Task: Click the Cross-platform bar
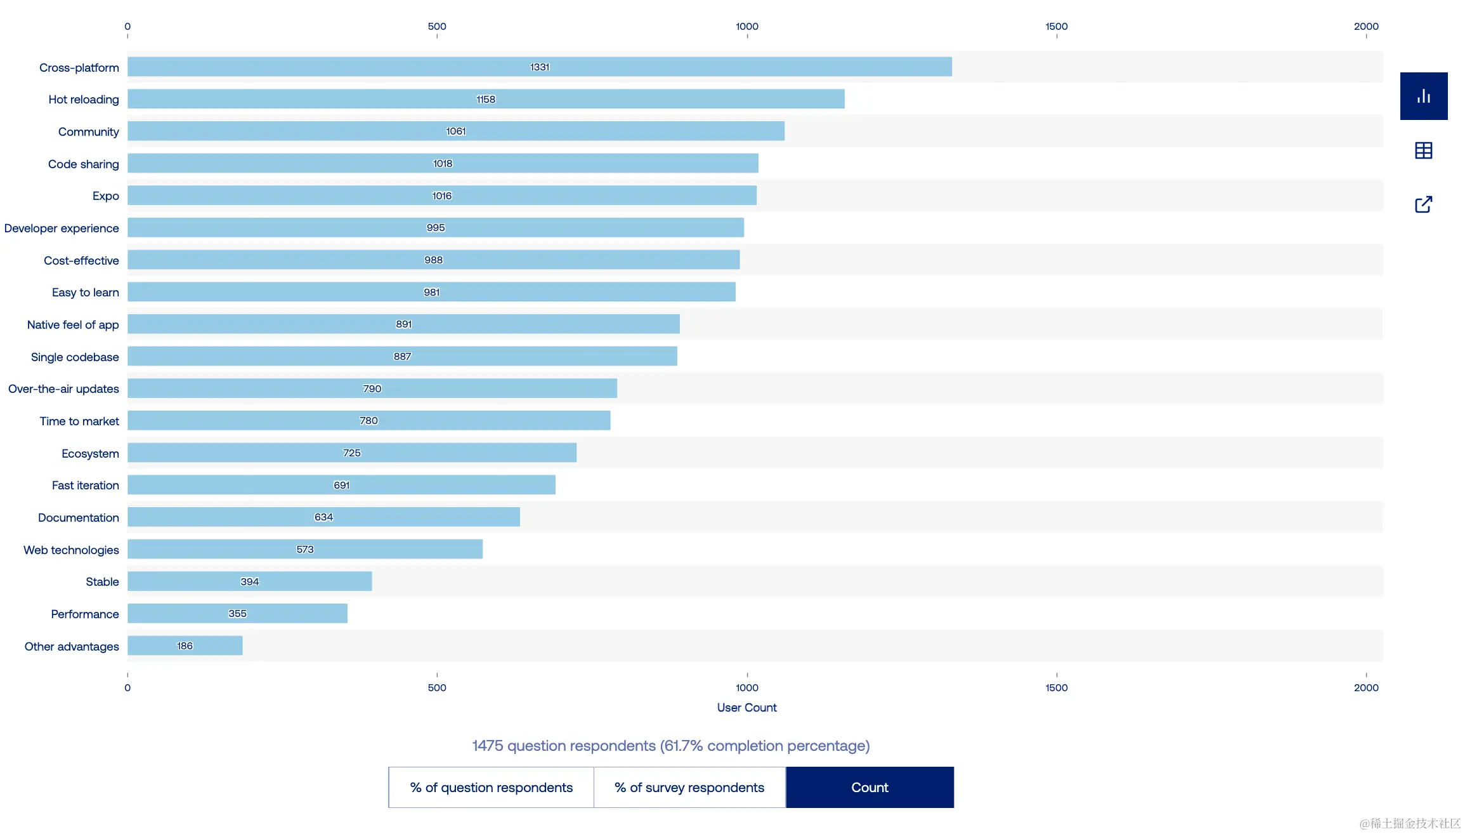539,67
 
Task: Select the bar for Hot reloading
486,99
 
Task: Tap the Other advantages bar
185,645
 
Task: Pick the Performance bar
237,614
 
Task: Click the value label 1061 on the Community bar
456,131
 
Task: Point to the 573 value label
305,549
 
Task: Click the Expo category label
105,196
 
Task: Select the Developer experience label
62,228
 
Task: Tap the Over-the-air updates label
63,389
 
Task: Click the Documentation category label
78,518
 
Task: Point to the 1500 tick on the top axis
1057,27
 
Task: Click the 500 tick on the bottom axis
437,687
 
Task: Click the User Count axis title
746,708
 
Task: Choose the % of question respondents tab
491,788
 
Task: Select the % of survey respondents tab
689,788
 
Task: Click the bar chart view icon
1424,96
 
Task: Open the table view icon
1424,150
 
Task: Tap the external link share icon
1424,204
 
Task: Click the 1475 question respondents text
670,746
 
